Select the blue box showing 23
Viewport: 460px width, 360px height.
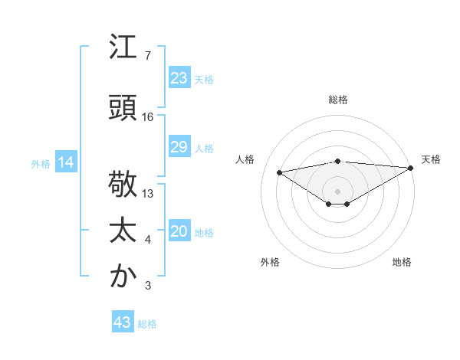tap(179, 78)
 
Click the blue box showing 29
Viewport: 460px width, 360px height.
tap(179, 148)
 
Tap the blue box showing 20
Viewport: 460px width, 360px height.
tap(179, 231)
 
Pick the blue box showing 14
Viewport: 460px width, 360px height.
tap(65, 162)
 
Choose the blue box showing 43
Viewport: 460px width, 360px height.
tap(123, 322)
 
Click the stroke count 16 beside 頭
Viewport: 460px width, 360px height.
tap(148, 117)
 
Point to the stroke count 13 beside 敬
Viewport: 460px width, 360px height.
tap(148, 194)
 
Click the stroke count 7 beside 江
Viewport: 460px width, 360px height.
tap(148, 56)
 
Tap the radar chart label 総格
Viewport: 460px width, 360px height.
tap(338, 100)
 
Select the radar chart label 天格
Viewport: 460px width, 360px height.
tap(431, 159)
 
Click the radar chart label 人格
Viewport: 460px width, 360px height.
tap(245, 159)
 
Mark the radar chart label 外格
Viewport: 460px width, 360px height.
tap(270, 262)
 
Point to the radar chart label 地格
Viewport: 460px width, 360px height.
tap(402, 262)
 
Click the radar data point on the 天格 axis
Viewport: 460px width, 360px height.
tap(411, 167)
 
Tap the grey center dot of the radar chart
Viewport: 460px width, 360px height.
tap(337, 190)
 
